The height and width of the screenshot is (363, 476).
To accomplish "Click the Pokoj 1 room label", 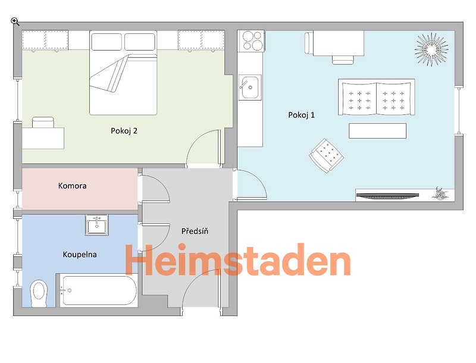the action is click(x=301, y=115).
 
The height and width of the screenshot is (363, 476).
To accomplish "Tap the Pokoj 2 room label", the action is click(x=124, y=131).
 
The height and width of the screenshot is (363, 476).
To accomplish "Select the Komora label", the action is click(x=72, y=186).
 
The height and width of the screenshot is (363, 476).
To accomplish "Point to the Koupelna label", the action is click(x=80, y=254).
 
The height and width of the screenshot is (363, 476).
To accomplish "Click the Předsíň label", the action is click(x=195, y=231).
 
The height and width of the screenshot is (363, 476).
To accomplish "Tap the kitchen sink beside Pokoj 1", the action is click(x=250, y=87).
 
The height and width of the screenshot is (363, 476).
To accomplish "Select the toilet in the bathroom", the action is click(x=39, y=293).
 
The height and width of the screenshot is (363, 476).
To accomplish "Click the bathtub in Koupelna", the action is click(x=99, y=290).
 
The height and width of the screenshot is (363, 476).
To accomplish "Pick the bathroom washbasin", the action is click(x=97, y=225).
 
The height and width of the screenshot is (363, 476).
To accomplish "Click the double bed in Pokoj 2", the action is click(x=123, y=73).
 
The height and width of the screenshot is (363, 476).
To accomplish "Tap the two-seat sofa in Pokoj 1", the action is click(x=377, y=97).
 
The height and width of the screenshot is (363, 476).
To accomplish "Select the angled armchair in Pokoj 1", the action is click(x=326, y=155).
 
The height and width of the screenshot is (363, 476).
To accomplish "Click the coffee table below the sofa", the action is click(x=377, y=131).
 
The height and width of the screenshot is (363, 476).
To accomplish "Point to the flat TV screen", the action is click(x=387, y=196).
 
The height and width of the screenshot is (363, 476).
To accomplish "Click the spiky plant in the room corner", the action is click(x=431, y=49).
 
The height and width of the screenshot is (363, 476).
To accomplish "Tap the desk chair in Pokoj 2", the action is click(x=43, y=123).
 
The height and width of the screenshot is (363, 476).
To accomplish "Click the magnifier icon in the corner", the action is click(x=15, y=21).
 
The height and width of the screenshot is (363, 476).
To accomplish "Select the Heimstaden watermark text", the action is click(x=237, y=260).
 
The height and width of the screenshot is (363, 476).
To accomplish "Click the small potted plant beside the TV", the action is click(x=439, y=193).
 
